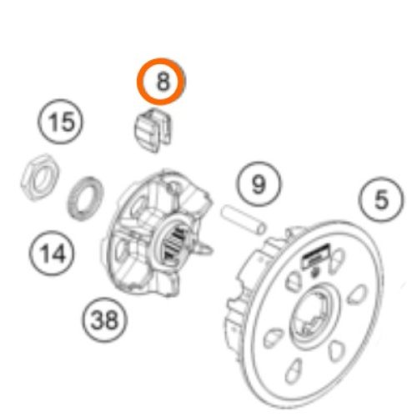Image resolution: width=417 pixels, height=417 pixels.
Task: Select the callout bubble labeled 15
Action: tap(60, 122)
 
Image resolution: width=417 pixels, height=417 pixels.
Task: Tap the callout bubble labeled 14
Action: tap(52, 253)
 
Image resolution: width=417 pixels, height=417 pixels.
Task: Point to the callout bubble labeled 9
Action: tap(259, 183)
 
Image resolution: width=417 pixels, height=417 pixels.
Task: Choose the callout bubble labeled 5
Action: tap(381, 199)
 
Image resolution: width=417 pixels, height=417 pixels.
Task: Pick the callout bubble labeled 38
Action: tap(105, 319)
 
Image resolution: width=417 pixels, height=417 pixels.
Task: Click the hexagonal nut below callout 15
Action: tap(40, 177)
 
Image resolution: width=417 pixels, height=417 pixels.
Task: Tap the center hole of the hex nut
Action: tap(39, 178)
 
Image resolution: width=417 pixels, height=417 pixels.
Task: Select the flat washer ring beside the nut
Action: tap(85, 198)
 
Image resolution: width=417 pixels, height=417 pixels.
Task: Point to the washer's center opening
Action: tap(85, 198)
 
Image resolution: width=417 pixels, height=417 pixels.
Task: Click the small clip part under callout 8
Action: tap(153, 130)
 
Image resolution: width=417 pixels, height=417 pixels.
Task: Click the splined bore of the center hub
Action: tap(172, 242)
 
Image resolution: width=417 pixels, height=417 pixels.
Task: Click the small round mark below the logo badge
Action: tap(315, 273)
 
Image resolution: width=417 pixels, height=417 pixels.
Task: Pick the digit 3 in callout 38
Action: tap(97, 319)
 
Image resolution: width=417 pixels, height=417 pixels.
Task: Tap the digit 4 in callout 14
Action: tap(58, 254)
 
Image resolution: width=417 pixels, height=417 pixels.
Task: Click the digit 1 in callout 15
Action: tap(53, 122)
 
